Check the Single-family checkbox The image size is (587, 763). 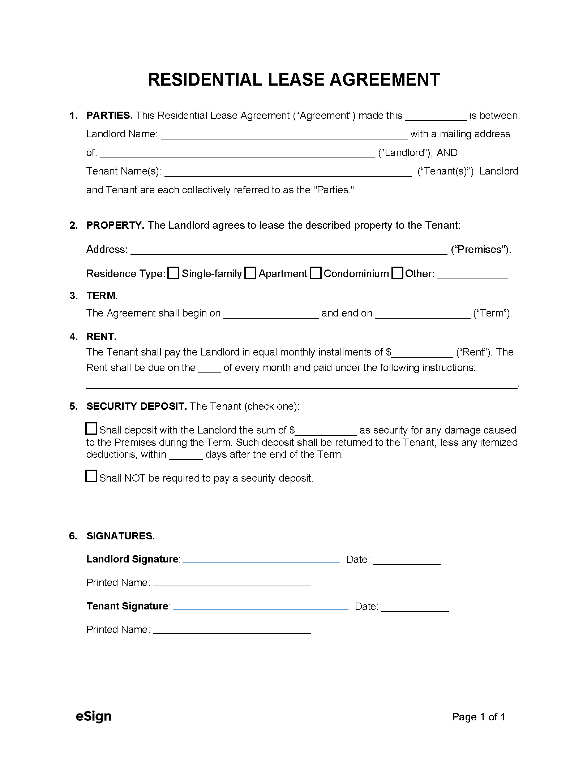click(x=173, y=273)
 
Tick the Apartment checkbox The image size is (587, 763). click(x=250, y=273)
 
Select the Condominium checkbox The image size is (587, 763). click(x=316, y=273)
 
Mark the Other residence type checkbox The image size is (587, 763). click(x=397, y=273)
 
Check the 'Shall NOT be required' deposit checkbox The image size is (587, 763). click(x=91, y=476)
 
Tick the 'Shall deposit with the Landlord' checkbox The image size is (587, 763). click(x=91, y=428)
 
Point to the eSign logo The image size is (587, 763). click(x=94, y=716)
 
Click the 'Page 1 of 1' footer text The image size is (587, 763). click(x=479, y=717)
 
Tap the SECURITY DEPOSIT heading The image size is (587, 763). click(x=136, y=406)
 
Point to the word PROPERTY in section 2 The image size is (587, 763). click(x=115, y=225)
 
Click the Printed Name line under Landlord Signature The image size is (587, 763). click(x=232, y=582)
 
